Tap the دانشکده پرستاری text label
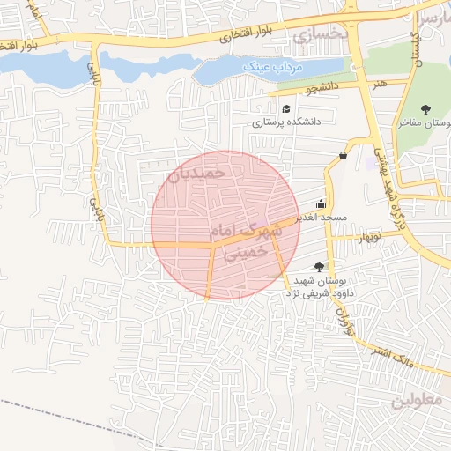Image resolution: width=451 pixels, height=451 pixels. click(287, 122)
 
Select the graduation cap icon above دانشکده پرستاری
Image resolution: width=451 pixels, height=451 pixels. click(286, 108)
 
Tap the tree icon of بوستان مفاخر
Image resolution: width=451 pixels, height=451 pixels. click(426, 109)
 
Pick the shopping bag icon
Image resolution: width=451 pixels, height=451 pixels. click(342, 156)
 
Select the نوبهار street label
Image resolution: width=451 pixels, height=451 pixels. click(366, 236)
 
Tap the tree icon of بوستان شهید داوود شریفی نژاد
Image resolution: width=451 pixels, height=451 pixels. click(319, 266)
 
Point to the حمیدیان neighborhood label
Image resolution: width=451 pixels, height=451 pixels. click(196, 174)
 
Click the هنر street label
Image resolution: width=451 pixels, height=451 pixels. click(380, 81)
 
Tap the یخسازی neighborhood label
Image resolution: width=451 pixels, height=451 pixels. click(314, 37)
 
